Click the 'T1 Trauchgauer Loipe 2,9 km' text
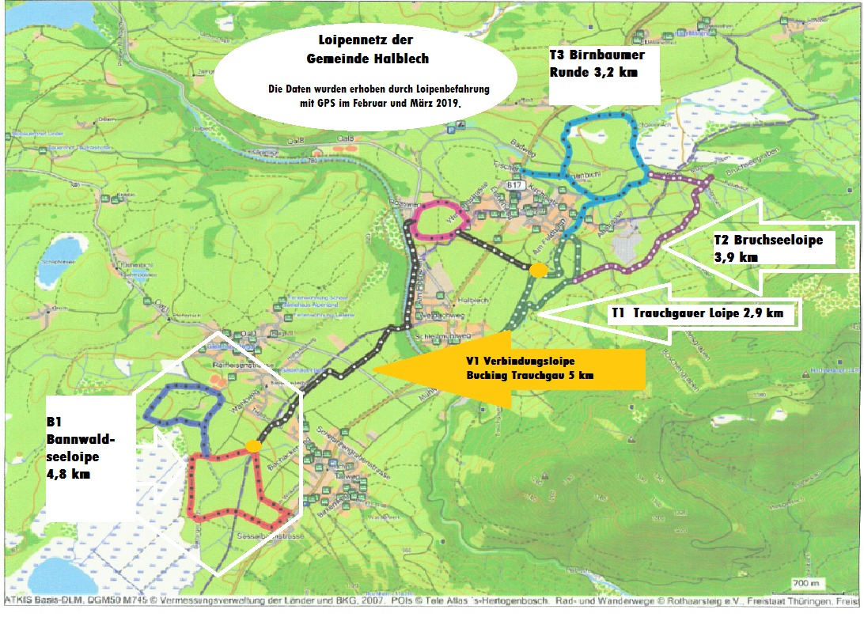click(x=697, y=313)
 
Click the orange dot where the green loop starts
click(x=538, y=271)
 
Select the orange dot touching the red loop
click(x=254, y=446)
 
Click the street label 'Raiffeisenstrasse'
click(x=242, y=365)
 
